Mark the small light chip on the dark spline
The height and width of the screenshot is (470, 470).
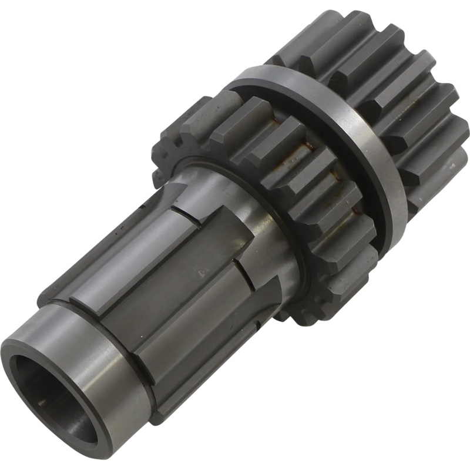(203, 273)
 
